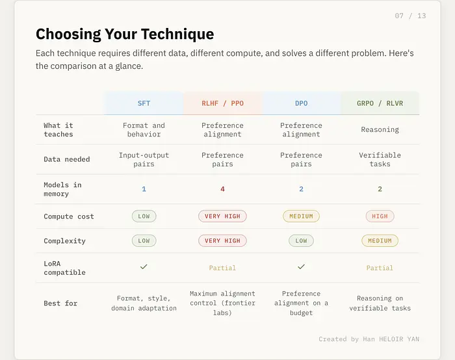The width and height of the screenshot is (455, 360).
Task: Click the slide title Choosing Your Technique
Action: click(124, 34)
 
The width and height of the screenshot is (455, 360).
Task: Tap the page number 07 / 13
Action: click(410, 16)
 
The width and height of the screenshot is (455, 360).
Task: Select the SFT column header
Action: click(144, 103)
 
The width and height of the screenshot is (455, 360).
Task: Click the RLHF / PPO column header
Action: click(222, 103)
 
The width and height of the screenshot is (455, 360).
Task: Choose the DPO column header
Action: click(301, 103)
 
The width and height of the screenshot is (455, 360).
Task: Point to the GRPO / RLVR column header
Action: click(380, 103)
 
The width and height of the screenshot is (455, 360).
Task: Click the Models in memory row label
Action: click(62, 189)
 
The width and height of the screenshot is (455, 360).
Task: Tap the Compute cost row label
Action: click(69, 216)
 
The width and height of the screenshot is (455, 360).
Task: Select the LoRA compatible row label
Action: click(64, 268)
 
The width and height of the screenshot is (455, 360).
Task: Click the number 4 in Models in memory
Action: click(222, 189)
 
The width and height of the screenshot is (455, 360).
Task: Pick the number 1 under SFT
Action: click(144, 189)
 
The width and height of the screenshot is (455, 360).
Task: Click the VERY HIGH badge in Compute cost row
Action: click(222, 216)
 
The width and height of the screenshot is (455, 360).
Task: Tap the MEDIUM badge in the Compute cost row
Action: click(301, 216)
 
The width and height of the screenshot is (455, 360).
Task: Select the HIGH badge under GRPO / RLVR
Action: click(380, 216)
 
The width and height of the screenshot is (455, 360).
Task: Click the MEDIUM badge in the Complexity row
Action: click(380, 241)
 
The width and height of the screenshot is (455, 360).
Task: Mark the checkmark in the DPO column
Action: click(301, 266)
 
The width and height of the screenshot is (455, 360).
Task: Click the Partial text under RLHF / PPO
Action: click(222, 268)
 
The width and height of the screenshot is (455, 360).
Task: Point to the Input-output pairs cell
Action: click(144, 160)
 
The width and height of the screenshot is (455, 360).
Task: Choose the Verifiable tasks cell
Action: click(380, 160)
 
